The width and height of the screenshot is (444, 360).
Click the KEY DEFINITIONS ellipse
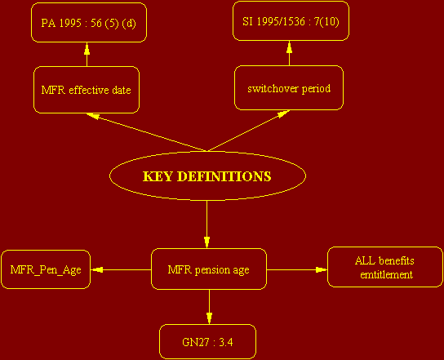click(x=207, y=176)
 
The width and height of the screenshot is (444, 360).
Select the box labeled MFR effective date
click(x=87, y=90)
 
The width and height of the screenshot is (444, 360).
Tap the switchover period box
click(x=289, y=88)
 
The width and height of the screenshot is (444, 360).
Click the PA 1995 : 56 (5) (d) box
click(x=89, y=22)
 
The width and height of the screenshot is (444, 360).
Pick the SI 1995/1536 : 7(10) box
click(x=291, y=21)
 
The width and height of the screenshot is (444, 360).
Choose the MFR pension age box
click(x=209, y=269)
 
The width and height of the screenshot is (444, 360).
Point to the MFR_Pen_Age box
click(x=46, y=269)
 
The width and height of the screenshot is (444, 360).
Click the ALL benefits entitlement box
click(x=384, y=267)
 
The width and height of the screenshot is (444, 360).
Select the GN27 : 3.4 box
click(x=207, y=341)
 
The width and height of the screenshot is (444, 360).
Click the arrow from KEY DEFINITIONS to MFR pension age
click(x=207, y=224)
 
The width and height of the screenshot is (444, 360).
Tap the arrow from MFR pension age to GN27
click(x=209, y=307)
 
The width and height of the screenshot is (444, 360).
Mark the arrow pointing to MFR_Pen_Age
click(x=121, y=270)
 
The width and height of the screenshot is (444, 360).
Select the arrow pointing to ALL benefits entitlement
click(x=297, y=269)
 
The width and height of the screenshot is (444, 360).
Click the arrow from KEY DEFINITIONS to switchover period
click(x=249, y=131)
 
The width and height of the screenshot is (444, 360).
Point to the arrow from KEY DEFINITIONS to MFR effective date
click(x=147, y=132)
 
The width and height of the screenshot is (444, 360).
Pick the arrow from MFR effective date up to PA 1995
click(x=87, y=55)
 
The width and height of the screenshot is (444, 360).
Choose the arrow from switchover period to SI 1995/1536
click(x=289, y=53)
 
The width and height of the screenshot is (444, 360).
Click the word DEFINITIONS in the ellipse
click(x=225, y=176)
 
